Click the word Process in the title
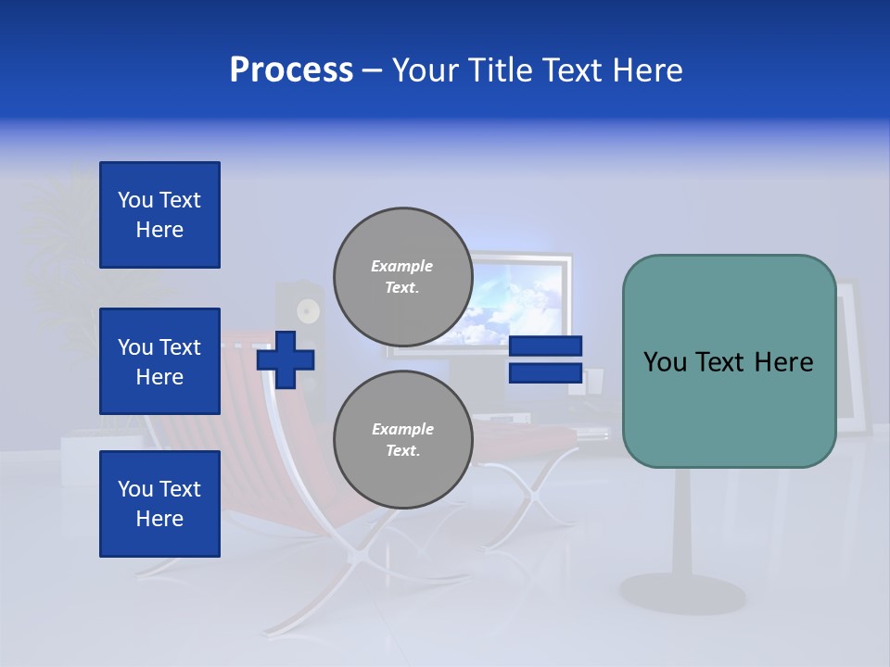pyautogui.click(x=291, y=69)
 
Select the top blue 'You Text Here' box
pyautogui.click(x=159, y=215)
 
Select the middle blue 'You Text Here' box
pyautogui.click(x=159, y=361)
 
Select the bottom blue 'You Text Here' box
pyautogui.click(x=159, y=503)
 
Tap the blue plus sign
pyautogui.click(x=285, y=359)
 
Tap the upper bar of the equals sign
pyautogui.click(x=545, y=346)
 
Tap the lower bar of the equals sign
pyautogui.click(x=545, y=373)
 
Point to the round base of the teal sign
pyautogui.click(x=682, y=593)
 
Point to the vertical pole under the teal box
pyautogui.click(x=682, y=519)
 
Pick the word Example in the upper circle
pyautogui.click(x=401, y=266)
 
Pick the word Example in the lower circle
pyautogui.click(x=402, y=429)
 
